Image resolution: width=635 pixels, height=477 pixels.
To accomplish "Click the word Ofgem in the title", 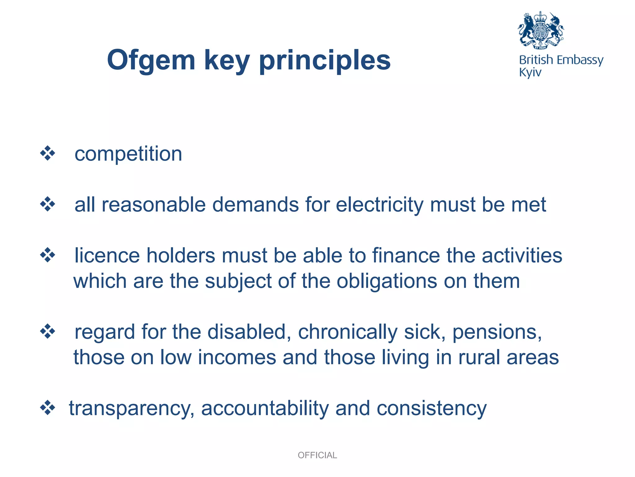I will (x=151, y=61).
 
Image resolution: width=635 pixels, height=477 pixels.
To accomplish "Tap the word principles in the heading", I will (x=325, y=61).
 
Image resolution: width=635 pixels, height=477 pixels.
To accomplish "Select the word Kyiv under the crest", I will (x=530, y=73).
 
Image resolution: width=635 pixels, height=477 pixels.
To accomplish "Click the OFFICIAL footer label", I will (x=317, y=455).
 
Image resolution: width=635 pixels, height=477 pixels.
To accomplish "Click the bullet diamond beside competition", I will (x=47, y=153).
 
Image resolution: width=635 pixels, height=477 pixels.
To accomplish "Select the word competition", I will (x=128, y=154).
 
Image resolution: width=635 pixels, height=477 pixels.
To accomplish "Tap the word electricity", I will (x=380, y=205).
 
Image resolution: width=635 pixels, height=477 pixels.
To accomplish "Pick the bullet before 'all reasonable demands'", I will (x=47, y=204).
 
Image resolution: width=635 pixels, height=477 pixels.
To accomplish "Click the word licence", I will (x=107, y=256).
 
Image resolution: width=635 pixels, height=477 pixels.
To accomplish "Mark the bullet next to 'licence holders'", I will (x=47, y=255).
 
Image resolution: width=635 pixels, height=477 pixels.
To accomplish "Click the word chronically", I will (x=348, y=332).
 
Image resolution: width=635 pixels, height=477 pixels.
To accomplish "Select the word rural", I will (x=479, y=357).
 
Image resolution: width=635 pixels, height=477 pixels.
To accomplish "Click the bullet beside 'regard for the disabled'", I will (x=47, y=331).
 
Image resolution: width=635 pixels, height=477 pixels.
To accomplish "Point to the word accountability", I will (x=265, y=408).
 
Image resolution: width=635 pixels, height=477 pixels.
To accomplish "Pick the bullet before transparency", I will (x=47, y=408).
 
